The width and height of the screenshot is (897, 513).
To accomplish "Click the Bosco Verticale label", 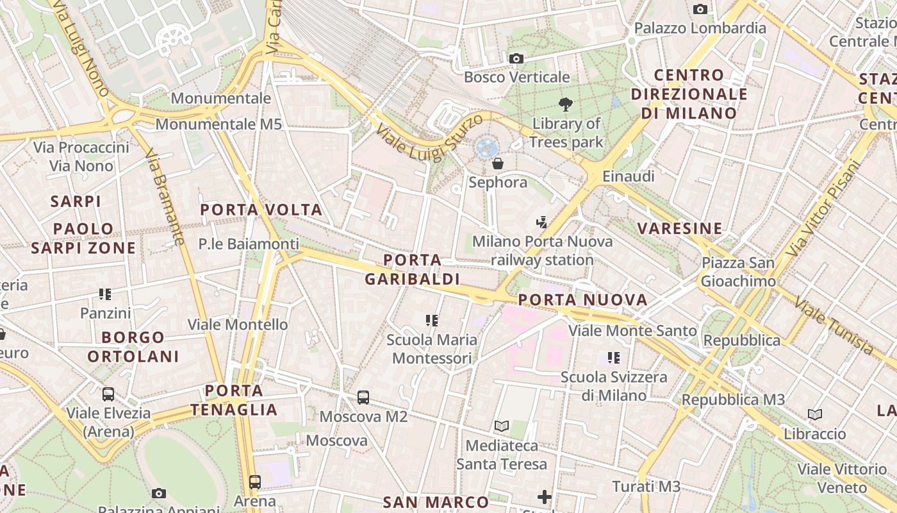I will (x=516, y=77).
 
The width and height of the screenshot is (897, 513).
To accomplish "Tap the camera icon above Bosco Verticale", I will (x=516, y=59).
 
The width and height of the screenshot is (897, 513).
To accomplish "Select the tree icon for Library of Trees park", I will (x=565, y=104).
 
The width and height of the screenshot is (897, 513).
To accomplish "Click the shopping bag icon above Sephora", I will (x=498, y=164).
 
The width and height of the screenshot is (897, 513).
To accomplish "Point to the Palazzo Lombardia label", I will (x=700, y=28).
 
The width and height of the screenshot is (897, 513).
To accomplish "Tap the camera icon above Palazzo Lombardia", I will (x=700, y=9).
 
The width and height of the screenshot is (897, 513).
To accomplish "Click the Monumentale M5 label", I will (x=218, y=124).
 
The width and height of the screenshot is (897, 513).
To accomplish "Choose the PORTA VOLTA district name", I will (x=261, y=210).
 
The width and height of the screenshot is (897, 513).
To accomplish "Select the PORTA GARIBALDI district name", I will (x=413, y=269).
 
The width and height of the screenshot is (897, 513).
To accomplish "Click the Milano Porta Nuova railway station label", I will (x=542, y=251).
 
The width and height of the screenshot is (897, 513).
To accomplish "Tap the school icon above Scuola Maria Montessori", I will (x=431, y=320).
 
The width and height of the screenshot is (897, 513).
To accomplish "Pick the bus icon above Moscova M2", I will (x=363, y=398).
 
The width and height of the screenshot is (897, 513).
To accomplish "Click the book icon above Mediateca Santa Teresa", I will (x=501, y=426).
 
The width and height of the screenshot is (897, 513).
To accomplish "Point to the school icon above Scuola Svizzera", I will (x=614, y=357).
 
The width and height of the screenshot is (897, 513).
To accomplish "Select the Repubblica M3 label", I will (x=733, y=399).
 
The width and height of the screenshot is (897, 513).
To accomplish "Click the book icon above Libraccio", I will (x=815, y=415).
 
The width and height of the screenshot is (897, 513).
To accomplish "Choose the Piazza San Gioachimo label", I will (x=737, y=272).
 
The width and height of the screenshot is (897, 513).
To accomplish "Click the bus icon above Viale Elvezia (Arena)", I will (x=108, y=394).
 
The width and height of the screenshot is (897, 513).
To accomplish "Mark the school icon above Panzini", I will (x=105, y=294).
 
